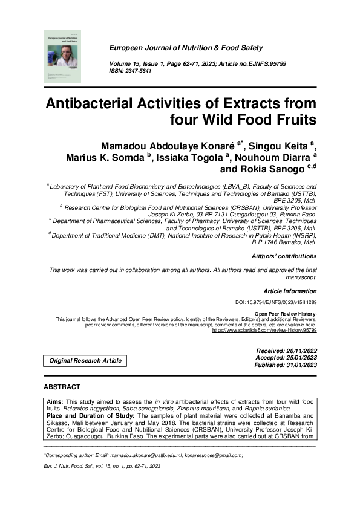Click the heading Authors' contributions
(284, 256)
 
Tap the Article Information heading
(290, 291)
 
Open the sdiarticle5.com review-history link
(264, 331)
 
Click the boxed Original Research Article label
(85, 361)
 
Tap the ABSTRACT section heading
(62, 386)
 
